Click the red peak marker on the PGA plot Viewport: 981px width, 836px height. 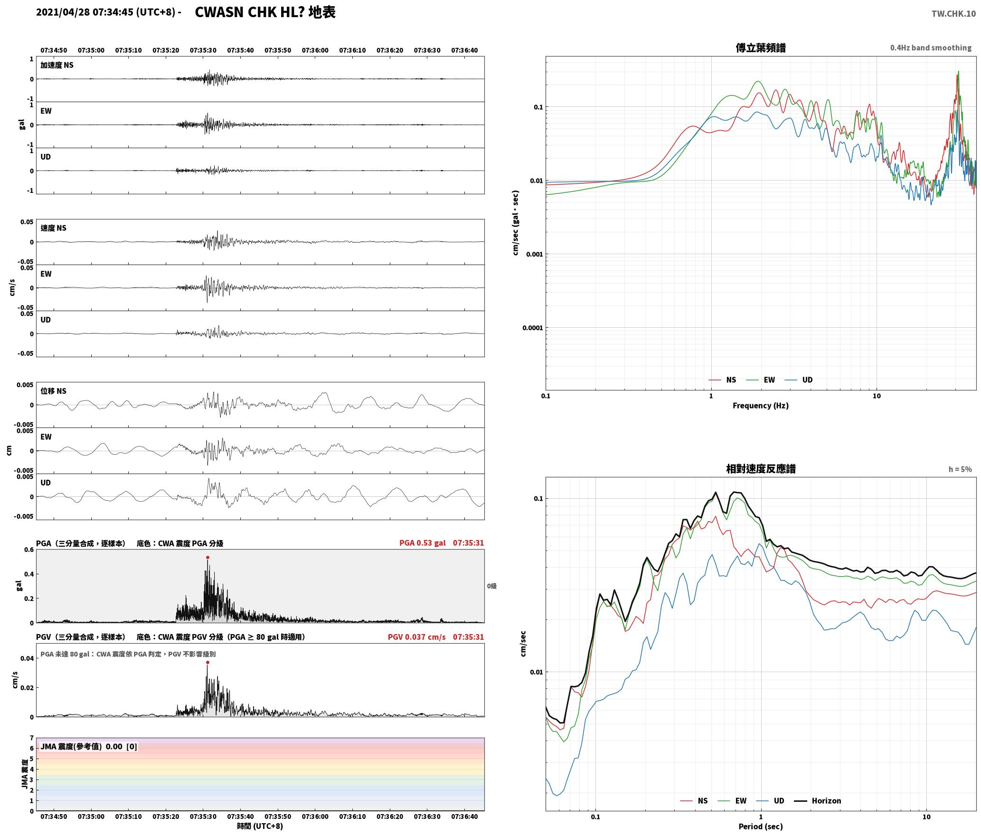pos(208,557)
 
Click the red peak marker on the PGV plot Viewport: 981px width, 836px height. pos(208,662)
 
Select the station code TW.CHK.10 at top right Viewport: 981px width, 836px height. pos(953,14)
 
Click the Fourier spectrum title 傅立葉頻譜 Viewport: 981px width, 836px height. pos(760,48)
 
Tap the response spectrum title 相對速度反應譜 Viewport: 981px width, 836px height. pos(761,469)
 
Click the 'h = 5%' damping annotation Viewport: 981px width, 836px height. pos(960,469)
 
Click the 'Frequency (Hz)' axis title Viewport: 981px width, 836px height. pos(760,406)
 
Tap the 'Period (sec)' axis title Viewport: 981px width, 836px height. pos(760,826)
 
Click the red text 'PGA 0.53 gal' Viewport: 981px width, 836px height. pos(422,543)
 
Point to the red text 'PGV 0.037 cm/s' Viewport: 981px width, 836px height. pos(416,637)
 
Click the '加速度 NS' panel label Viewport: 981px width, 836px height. pos(57,65)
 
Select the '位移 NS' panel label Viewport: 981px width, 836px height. pos(53,391)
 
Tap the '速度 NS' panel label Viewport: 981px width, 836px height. pos(53,228)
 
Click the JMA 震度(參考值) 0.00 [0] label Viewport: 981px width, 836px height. pos(89,746)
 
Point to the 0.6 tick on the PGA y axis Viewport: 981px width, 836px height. pos(29,550)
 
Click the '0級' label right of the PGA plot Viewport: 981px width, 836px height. pos(491,586)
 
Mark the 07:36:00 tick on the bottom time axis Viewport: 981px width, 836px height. pos(315,817)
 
